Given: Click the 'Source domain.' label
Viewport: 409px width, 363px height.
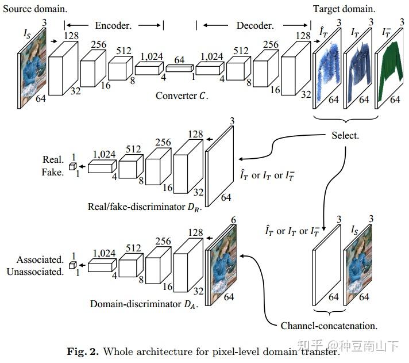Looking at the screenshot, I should point(35,10).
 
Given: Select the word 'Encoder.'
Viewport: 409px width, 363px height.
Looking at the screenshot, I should point(113,25).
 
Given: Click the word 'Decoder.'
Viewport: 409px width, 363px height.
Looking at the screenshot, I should point(255,25).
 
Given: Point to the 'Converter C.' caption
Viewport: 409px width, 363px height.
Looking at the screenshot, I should point(182,95).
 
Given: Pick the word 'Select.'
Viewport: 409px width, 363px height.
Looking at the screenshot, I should point(345,136).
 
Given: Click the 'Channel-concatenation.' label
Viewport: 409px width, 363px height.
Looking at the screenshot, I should point(329,326).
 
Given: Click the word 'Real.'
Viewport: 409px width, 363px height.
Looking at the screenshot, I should point(53,159).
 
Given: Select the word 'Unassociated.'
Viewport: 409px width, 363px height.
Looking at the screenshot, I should point(35,272).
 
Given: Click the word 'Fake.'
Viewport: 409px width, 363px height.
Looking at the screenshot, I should point(53,171).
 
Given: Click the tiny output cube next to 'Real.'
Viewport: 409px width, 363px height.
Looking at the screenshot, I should point(73,166).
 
